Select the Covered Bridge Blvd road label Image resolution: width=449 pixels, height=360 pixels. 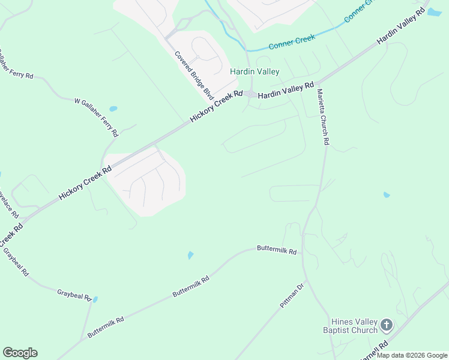(x=194, y=75)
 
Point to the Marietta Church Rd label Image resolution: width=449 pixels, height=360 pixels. (x=322, y=117)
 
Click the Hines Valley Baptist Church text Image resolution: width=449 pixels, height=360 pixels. (x=351, y=326)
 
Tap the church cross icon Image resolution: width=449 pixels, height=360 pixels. (x=387, y=326)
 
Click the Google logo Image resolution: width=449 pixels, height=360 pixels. (x=20, y=353)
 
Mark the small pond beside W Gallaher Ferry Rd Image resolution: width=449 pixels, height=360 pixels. (x=113, y=109)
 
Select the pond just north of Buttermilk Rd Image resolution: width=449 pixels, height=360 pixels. (x=190, y=256)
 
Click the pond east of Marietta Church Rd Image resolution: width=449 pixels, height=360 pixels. (x=386, y=195)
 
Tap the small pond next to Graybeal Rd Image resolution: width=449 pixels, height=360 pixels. (x=95, y=299)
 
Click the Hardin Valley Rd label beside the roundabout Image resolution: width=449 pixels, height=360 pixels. (x=286, y=91)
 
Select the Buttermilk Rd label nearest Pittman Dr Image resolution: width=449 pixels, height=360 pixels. (x=277, y=249)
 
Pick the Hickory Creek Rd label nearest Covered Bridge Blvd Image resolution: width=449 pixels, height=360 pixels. (x=216, y=107)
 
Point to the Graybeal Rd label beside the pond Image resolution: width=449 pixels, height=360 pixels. (x=74, y=295)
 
